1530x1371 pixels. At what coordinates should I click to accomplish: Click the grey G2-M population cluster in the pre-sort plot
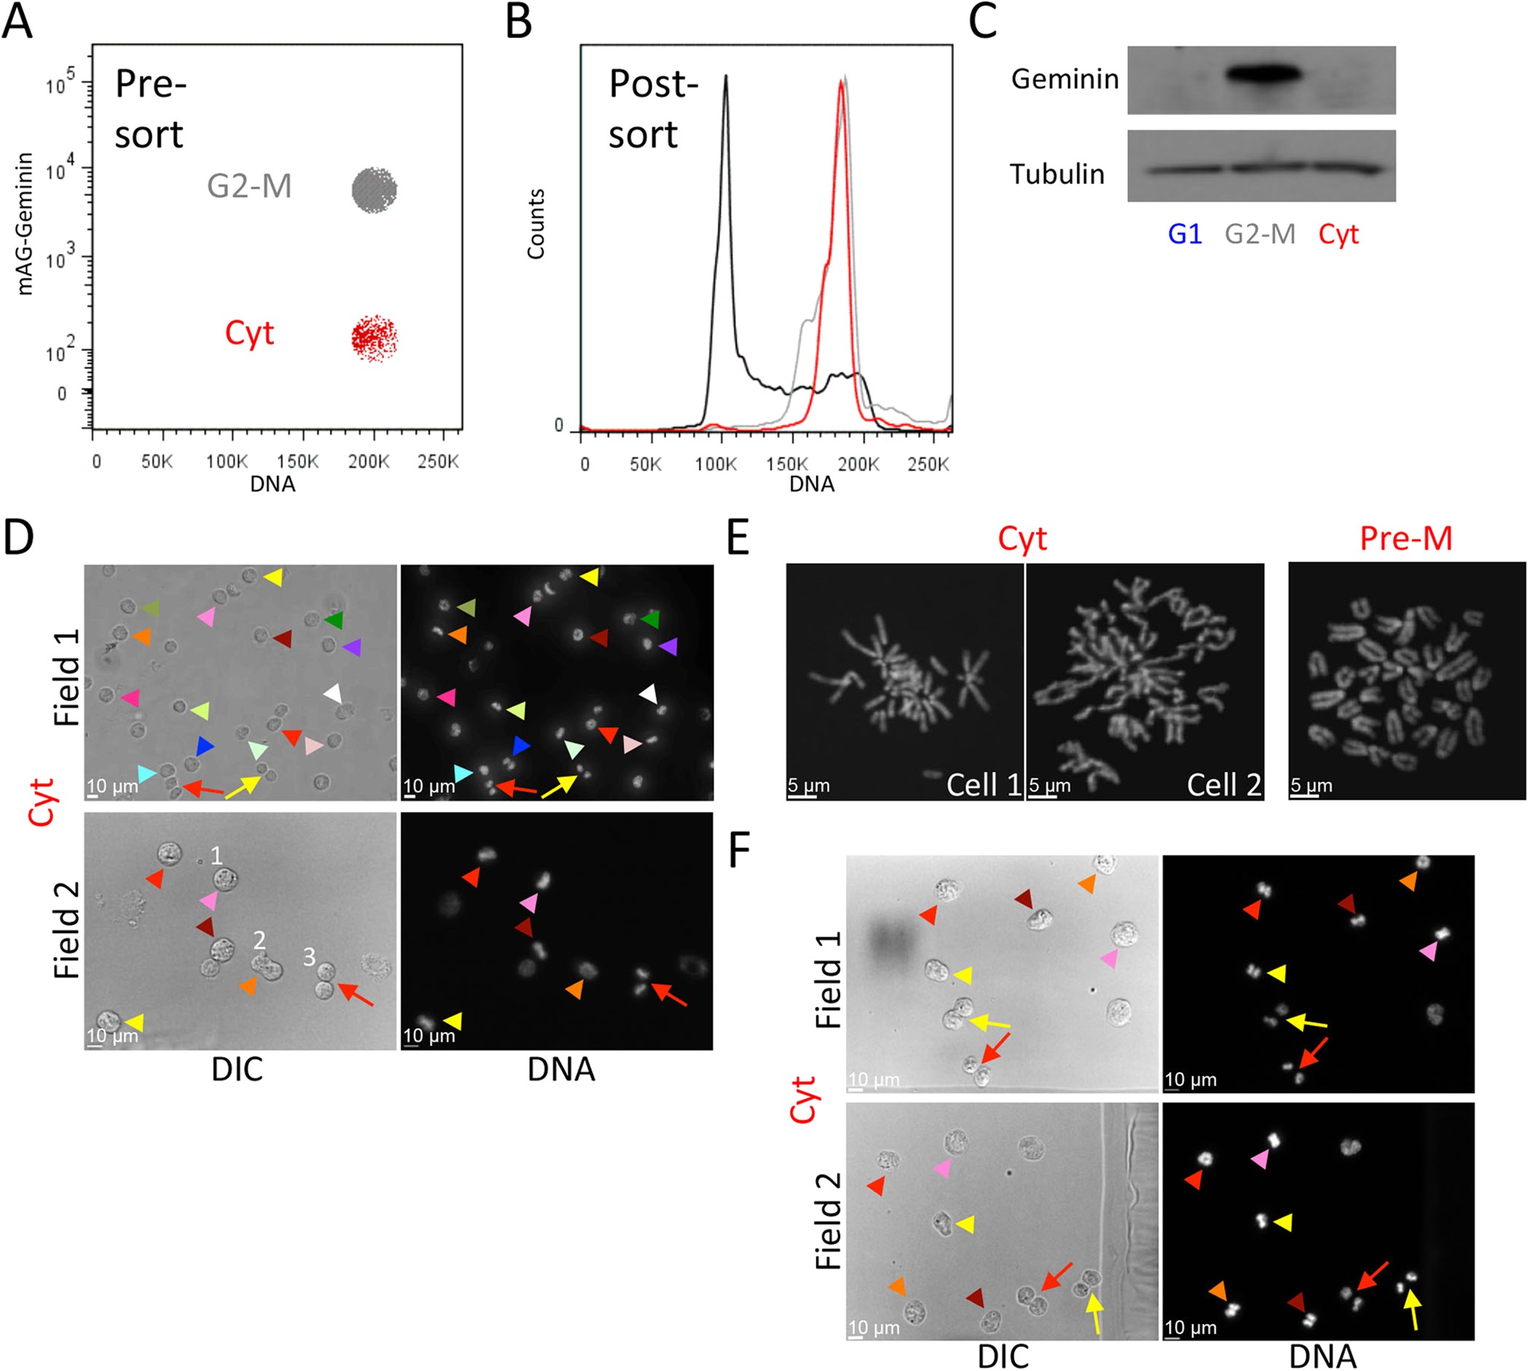374,190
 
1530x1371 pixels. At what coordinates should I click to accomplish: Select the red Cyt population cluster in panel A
374,338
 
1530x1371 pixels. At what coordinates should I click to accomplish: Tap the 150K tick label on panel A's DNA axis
297,461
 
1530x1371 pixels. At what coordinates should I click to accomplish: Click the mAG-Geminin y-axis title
25,224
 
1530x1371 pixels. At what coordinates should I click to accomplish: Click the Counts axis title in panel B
535,224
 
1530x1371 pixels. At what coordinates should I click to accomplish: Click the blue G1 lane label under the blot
1185,234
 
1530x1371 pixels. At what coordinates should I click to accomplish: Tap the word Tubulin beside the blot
1056,174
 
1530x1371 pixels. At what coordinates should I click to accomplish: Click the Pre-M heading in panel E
1405,539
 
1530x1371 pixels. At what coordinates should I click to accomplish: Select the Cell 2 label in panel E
1223,785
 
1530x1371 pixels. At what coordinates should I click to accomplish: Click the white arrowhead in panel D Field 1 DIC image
332,694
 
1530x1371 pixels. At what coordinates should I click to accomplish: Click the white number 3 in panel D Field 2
309,957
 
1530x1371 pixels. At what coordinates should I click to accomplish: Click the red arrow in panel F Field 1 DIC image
995,1048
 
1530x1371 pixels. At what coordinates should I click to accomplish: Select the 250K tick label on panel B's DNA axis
927,464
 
